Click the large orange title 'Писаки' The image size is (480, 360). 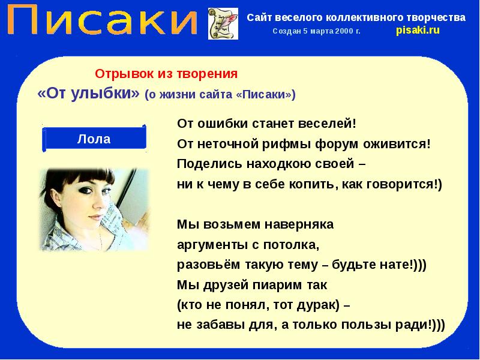[101, 22]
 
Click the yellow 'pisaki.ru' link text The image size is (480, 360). [418, 31]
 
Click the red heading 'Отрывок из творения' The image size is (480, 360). [167, 74]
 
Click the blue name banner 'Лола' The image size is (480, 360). [94, 139]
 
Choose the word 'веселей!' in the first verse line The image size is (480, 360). [333, 124]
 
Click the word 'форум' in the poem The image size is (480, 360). [345, 144]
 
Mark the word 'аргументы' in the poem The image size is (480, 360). [209, 245]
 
